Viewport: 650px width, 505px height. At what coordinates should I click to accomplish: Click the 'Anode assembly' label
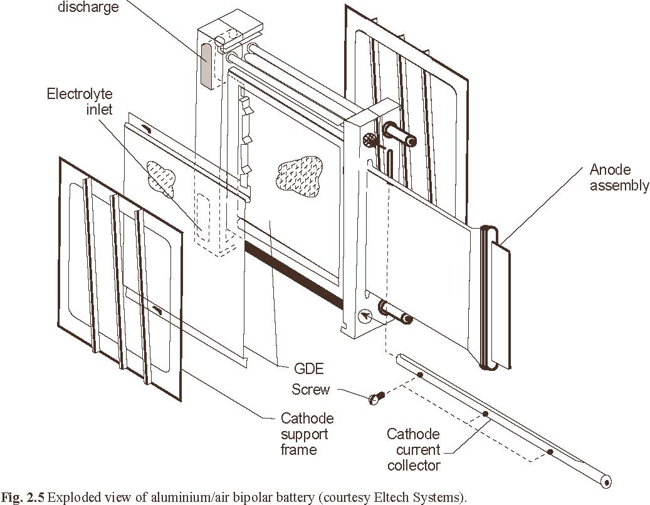point(619,178)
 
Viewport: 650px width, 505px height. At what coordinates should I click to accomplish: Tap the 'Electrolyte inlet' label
point(80,102)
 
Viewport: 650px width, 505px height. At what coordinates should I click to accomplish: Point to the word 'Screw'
point(310,390)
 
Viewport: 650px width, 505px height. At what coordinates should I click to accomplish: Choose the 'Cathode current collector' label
point(413,449)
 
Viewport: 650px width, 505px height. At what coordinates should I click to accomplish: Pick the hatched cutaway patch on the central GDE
point(300,172)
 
